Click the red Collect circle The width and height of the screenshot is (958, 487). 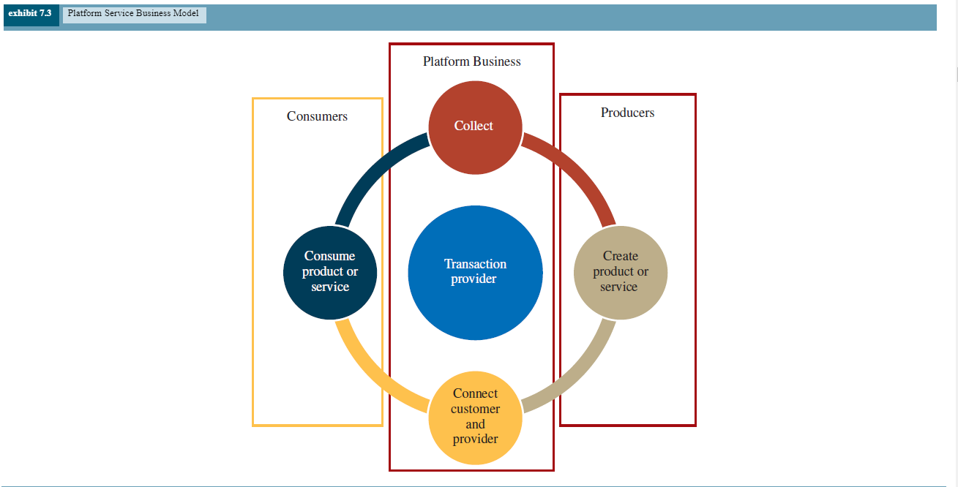[x=475, y=127]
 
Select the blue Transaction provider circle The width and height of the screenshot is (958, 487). [x=475, y=272]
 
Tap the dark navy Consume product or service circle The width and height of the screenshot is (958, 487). [x=330, y=272]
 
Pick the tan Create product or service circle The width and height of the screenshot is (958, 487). [x=621, y=272]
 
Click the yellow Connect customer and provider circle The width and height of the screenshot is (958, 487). [x=475, y=417]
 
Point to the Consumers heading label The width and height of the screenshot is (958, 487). [x=317, y=116]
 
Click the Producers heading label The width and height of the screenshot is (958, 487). [x=627, y=113]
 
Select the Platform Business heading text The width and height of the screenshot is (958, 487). [x=472, y=61]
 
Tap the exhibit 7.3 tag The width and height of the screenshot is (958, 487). [x=30, y=14]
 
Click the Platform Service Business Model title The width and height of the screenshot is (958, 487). [x=133, y=14]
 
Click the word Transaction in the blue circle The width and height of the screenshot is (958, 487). [x=475, y=264]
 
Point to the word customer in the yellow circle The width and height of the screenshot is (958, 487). [x=475, y=409]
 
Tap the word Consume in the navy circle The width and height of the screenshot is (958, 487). [x=329, y=256]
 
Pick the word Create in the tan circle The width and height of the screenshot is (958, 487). [x=621, y=256]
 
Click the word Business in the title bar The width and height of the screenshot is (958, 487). [x=155, y=14]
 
